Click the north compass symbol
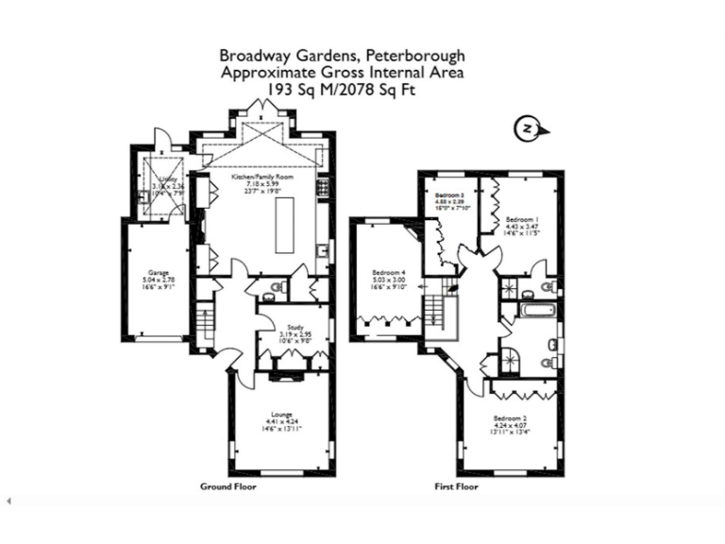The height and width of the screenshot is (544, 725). pos(529,128)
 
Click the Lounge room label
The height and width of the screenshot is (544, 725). pos(281,414)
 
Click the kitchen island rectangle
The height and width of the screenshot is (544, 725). pos(284,226)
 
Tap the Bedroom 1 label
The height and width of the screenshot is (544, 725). pos(521,218)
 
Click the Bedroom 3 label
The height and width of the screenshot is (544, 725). pos(449,194)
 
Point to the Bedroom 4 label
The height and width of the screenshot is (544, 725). pos(388,271)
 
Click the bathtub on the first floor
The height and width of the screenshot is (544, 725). pos(533,316)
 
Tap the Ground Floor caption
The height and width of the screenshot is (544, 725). pos(228,487)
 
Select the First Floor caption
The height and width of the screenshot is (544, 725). pos(455,487)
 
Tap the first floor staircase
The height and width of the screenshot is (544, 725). pos(436,310)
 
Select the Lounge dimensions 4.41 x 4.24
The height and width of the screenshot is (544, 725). pos(281,422)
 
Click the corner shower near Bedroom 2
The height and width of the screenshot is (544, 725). pos(512,358)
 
